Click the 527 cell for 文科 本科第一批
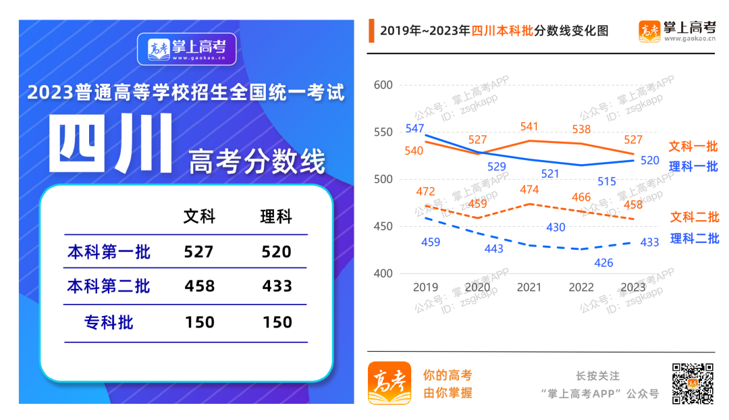[198, 252]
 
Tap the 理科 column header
[276, 217]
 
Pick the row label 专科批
[109, 322]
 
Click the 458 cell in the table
[199, 286]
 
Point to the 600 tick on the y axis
[383, 85]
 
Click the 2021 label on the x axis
[529, 287]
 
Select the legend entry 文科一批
[693, 147]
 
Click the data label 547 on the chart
[415, 128]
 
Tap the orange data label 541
[529, 126]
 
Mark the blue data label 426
[604, 263]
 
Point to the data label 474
[530, 190]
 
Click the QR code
[692, 384]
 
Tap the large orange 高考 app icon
[389, 383]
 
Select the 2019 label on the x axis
[425, 287]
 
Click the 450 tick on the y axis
[383, 226]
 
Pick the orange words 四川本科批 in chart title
[502, 31]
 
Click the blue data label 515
[607, 181]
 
